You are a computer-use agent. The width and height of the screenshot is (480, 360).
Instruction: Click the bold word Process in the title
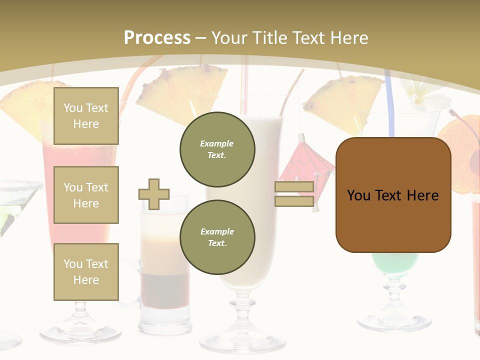(157, 37)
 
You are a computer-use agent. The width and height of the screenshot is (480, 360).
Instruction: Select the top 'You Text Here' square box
(86, 116)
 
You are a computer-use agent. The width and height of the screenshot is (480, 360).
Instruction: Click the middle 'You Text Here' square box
(86, 195)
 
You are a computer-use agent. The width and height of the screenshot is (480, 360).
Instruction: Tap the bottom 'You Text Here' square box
(86, 272)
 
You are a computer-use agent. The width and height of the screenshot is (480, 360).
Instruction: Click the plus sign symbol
(154, 194)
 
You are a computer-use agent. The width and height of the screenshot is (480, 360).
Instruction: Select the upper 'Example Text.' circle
(217, 149)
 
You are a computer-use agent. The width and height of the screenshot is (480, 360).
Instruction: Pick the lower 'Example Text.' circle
(217, 237)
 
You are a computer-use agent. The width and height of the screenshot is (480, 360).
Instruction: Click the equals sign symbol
(294, 194)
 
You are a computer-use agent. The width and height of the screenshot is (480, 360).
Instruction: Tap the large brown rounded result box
(393, 195)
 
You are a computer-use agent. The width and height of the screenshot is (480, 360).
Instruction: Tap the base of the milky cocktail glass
(243, 340)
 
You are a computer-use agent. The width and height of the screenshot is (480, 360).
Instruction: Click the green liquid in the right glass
(395, 262)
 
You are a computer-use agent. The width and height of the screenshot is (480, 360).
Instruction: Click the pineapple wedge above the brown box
(345, 102)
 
